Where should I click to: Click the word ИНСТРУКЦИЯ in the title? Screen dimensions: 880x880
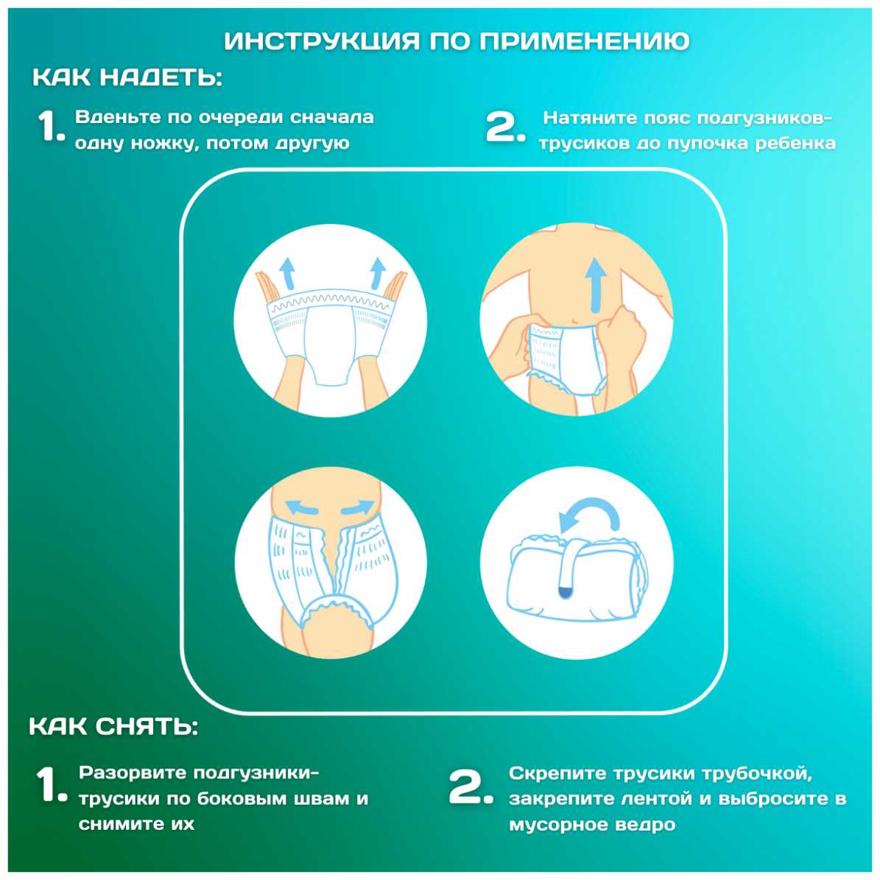coord(322,41)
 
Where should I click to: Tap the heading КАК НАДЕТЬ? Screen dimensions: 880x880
coord(127,77)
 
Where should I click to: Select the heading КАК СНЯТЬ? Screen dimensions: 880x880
coord(113,726)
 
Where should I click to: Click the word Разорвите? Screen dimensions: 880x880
coord(133,773)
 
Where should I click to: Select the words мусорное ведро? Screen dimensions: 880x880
coord(592,825)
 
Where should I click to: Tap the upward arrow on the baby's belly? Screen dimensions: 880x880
coord(596,284)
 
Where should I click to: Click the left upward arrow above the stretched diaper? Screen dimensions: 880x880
coord(288,273)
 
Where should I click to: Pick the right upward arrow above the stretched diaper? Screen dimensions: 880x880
coord(378,273)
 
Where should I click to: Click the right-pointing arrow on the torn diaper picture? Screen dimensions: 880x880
coord(357,508)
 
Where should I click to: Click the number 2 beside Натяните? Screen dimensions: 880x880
coord(504,127)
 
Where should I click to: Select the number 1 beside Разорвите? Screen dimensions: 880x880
coord(51,784)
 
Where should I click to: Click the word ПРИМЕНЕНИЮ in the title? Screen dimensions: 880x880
coord(584,41)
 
